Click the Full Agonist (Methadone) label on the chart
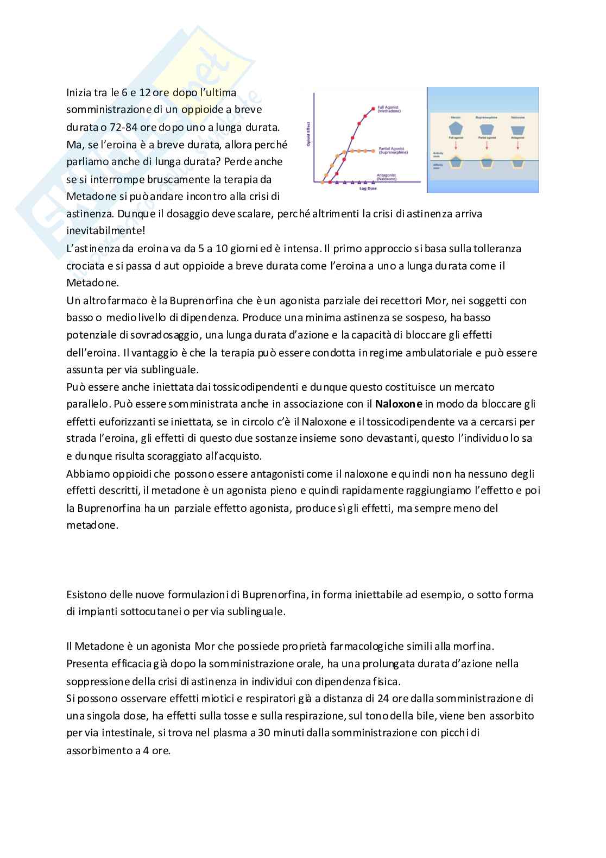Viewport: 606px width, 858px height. pos(389,110)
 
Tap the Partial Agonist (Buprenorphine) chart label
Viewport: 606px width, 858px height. pos(392,151)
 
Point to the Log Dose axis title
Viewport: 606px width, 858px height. pos(367,189)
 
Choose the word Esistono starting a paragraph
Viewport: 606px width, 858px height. pos(86,594)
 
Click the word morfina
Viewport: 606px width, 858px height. pos(474,646)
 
